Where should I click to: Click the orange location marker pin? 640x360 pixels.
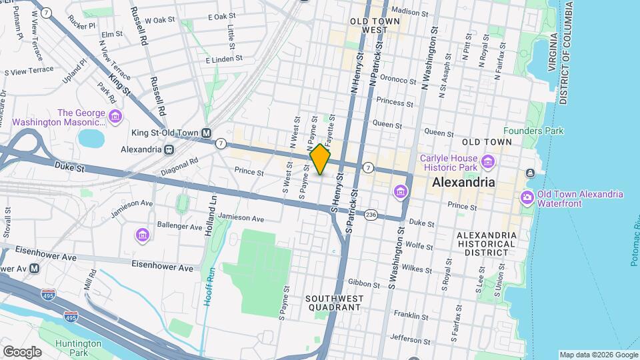[x=321, y=159]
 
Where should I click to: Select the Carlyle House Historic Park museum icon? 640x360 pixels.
[x=488, y=161]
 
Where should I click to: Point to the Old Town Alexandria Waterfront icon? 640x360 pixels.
[x=527, y=197]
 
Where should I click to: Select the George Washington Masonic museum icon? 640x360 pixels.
[x=116, y=117]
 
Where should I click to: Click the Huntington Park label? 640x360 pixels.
[x=79, y=348]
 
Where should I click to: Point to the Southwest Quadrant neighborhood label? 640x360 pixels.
[x=333, y=303]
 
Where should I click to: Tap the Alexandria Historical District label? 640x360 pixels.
[x=486, y=244]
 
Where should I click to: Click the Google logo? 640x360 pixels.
[x=22, y=351]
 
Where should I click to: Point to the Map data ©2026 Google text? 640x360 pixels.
[x=598, y=355]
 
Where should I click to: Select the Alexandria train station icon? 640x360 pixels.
[x=169, y=149]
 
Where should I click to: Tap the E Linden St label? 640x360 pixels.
[x=224, y=60]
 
